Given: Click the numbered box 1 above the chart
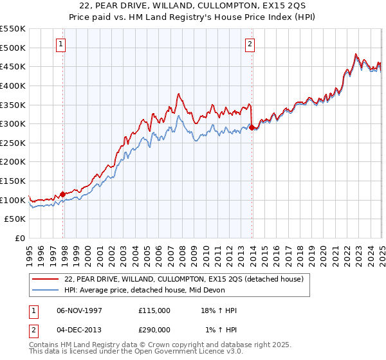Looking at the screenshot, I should (60, 44).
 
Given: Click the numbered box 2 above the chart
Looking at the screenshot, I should (250, 44).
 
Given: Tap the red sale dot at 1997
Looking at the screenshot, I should (63, 194).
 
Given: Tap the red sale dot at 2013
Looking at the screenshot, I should (252, 127).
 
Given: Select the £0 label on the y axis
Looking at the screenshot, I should (19, 239).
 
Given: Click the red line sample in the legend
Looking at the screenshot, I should (46, 278).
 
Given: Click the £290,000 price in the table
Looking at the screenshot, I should (154, 329).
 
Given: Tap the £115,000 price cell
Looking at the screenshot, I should (154, 310).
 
